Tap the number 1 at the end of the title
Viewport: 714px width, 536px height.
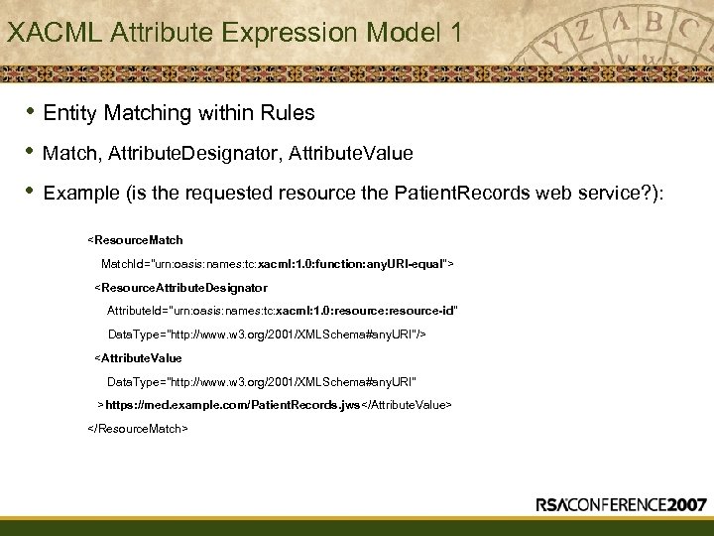454,33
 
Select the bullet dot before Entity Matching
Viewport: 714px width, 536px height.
29,111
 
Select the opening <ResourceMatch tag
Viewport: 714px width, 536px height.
136,240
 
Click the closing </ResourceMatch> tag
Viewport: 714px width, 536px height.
138,429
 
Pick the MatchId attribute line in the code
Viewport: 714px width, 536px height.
278,264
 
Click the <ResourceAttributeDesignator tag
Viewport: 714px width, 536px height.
180,288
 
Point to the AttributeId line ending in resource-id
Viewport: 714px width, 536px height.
283,312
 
